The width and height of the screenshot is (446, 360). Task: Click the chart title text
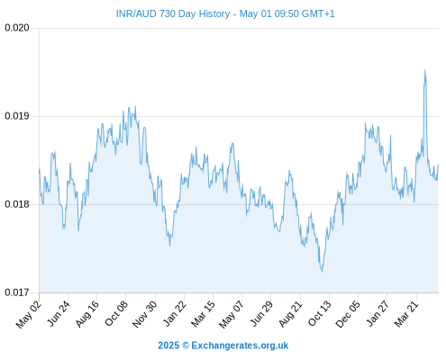click(x=225, y=13)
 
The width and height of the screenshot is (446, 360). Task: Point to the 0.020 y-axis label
click(x=17, y=28)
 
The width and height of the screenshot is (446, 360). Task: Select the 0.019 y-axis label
click(x=17, y=116)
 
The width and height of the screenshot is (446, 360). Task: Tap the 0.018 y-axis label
click(x=17, y=204)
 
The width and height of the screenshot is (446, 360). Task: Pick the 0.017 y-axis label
click(x=17, y=292)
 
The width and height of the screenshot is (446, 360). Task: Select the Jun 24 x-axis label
click(x=59, y=313)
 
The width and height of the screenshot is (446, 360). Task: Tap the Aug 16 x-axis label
click(x=86, y=313)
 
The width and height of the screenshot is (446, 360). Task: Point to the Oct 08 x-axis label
click(x=116, y=313)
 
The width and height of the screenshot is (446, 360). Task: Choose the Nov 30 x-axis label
click(x=144, y=314)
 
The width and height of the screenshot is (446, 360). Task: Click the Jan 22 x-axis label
click(x=175, y=313)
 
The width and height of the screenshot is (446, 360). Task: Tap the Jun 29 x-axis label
click(x=261, y=313)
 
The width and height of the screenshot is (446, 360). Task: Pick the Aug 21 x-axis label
click(x=290, y=313)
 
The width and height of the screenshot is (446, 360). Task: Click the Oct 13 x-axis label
click(x=320, y=313)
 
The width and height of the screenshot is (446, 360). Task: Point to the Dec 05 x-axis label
click(x=348, y=314)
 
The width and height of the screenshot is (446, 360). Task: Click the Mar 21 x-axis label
click(x=406, y=313)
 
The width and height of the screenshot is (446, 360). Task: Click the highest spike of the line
click(x=424, y=70)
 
